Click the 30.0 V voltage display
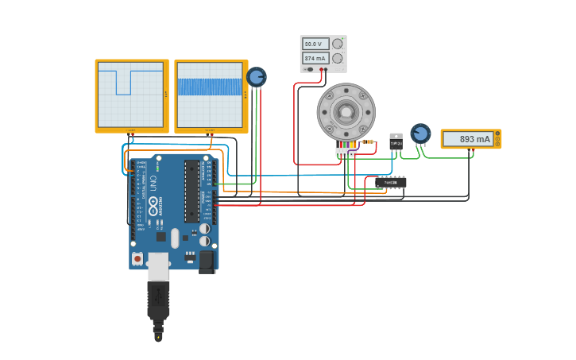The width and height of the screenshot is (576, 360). click(x=315, y=44)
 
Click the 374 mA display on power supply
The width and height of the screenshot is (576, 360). click(x=315, y=58)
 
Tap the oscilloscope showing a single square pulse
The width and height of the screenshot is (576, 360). click(x=131, y=95)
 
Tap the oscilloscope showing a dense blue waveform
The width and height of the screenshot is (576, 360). click(x=211, y=95)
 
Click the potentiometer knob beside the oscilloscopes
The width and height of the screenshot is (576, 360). click(x=256, y=77)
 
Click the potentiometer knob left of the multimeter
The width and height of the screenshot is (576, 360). click(x=420, y=134)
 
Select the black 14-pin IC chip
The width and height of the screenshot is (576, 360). click(x=391, y=183)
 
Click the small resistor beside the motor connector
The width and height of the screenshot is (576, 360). click(x=368, y=141)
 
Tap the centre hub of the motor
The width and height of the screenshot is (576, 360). click(x=346, y=112)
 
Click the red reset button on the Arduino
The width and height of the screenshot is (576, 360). click(x=137, y=258)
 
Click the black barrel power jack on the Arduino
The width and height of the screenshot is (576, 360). click(x=207, y=261)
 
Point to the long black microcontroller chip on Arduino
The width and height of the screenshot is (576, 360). click(x=191, y=191)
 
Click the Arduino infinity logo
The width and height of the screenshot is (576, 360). click(x=153, y=208)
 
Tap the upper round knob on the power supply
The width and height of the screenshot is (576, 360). click(x=338, y=44)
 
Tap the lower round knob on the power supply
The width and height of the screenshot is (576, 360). click(x=338, y=58)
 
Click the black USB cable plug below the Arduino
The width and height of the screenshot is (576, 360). click(x=158, y=302)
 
